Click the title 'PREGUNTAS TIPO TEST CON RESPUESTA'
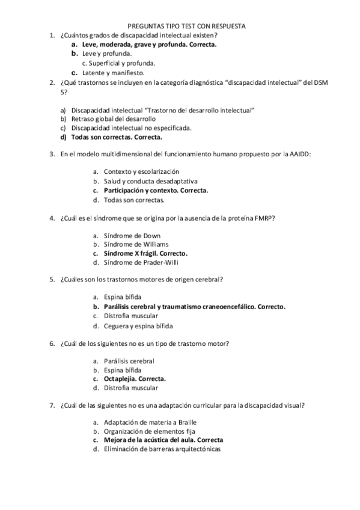(x=188, y=26)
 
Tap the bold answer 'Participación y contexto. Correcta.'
(x=156, y=191)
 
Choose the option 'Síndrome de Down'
(x=132, y=235)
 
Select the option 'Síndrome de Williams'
(x=136, y=244)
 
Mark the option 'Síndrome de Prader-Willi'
(x=141, y=262)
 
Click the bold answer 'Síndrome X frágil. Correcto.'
(x=145, y=253)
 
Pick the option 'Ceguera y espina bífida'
(x=138, y=325)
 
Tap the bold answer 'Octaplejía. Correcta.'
(x=135, y=379)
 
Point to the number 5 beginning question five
(x=52, y=280)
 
